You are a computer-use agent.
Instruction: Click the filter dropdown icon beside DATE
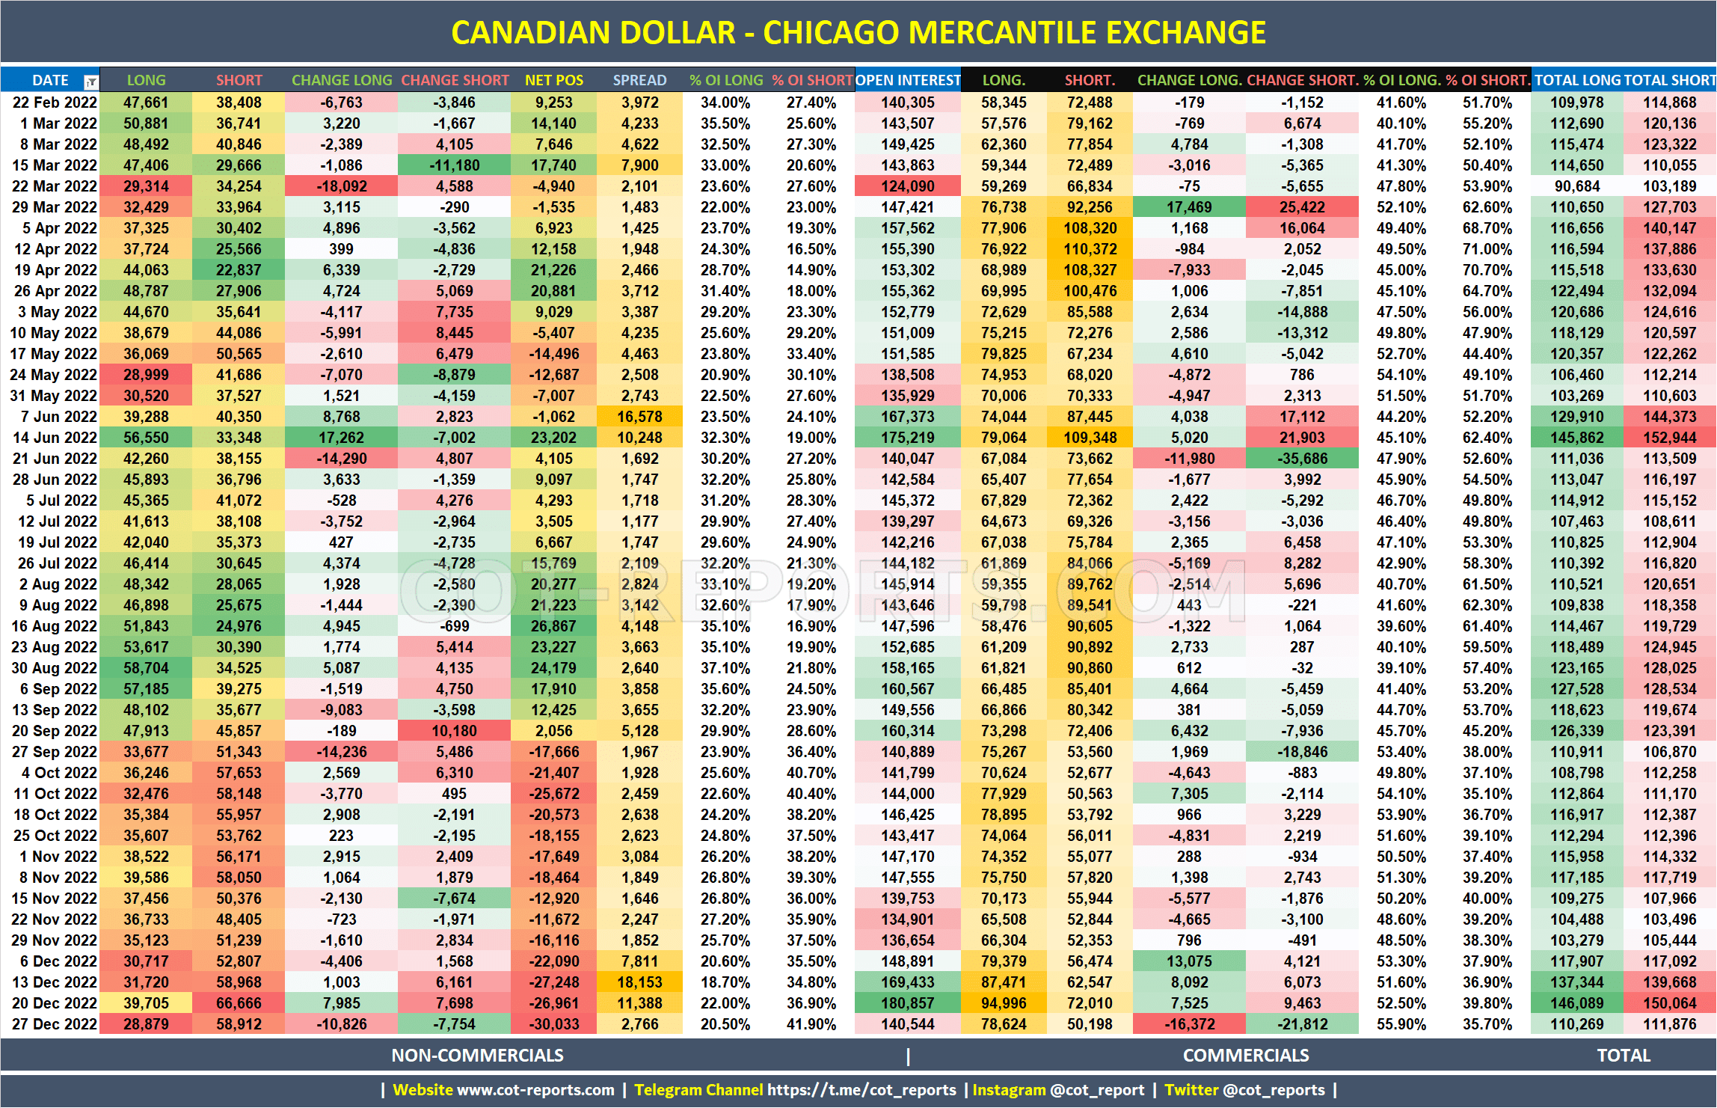90,82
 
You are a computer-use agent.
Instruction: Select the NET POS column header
553,80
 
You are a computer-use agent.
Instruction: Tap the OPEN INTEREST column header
908,80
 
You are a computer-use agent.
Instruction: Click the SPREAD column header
639,80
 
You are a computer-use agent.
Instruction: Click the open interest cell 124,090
908,186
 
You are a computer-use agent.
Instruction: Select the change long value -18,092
341,186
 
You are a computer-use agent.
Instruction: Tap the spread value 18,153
639,982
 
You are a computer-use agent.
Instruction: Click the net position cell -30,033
553,1024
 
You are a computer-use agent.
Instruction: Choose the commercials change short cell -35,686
1302,459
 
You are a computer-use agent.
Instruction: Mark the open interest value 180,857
908,1003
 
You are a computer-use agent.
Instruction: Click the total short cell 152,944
1669,438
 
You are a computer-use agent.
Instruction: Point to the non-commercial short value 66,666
239,1003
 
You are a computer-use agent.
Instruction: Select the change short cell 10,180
454,731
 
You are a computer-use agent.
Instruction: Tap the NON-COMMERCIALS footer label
477,1056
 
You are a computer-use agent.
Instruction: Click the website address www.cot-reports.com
535,1090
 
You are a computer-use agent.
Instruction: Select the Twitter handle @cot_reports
1274,1090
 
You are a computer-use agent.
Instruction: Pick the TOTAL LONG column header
1577,80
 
